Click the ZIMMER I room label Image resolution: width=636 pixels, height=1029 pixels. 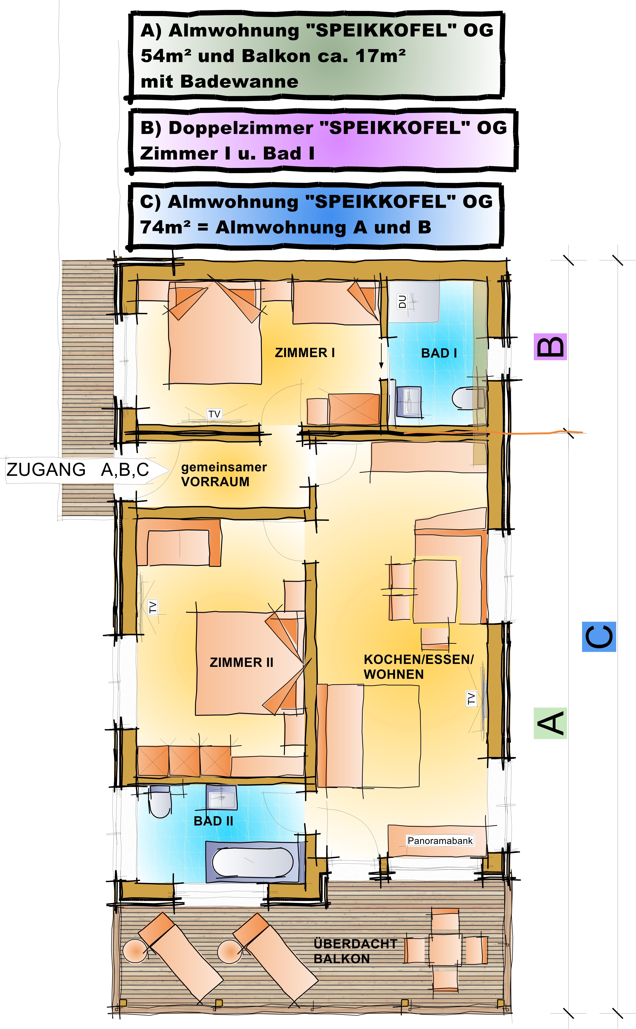(305, 353)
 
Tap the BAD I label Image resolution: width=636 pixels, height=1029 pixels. (439, 353)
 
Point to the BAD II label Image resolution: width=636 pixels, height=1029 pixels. (213, 821)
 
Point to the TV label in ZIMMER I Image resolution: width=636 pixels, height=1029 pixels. (214, 414)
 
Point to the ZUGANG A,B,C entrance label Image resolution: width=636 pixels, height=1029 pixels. (78, 469)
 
